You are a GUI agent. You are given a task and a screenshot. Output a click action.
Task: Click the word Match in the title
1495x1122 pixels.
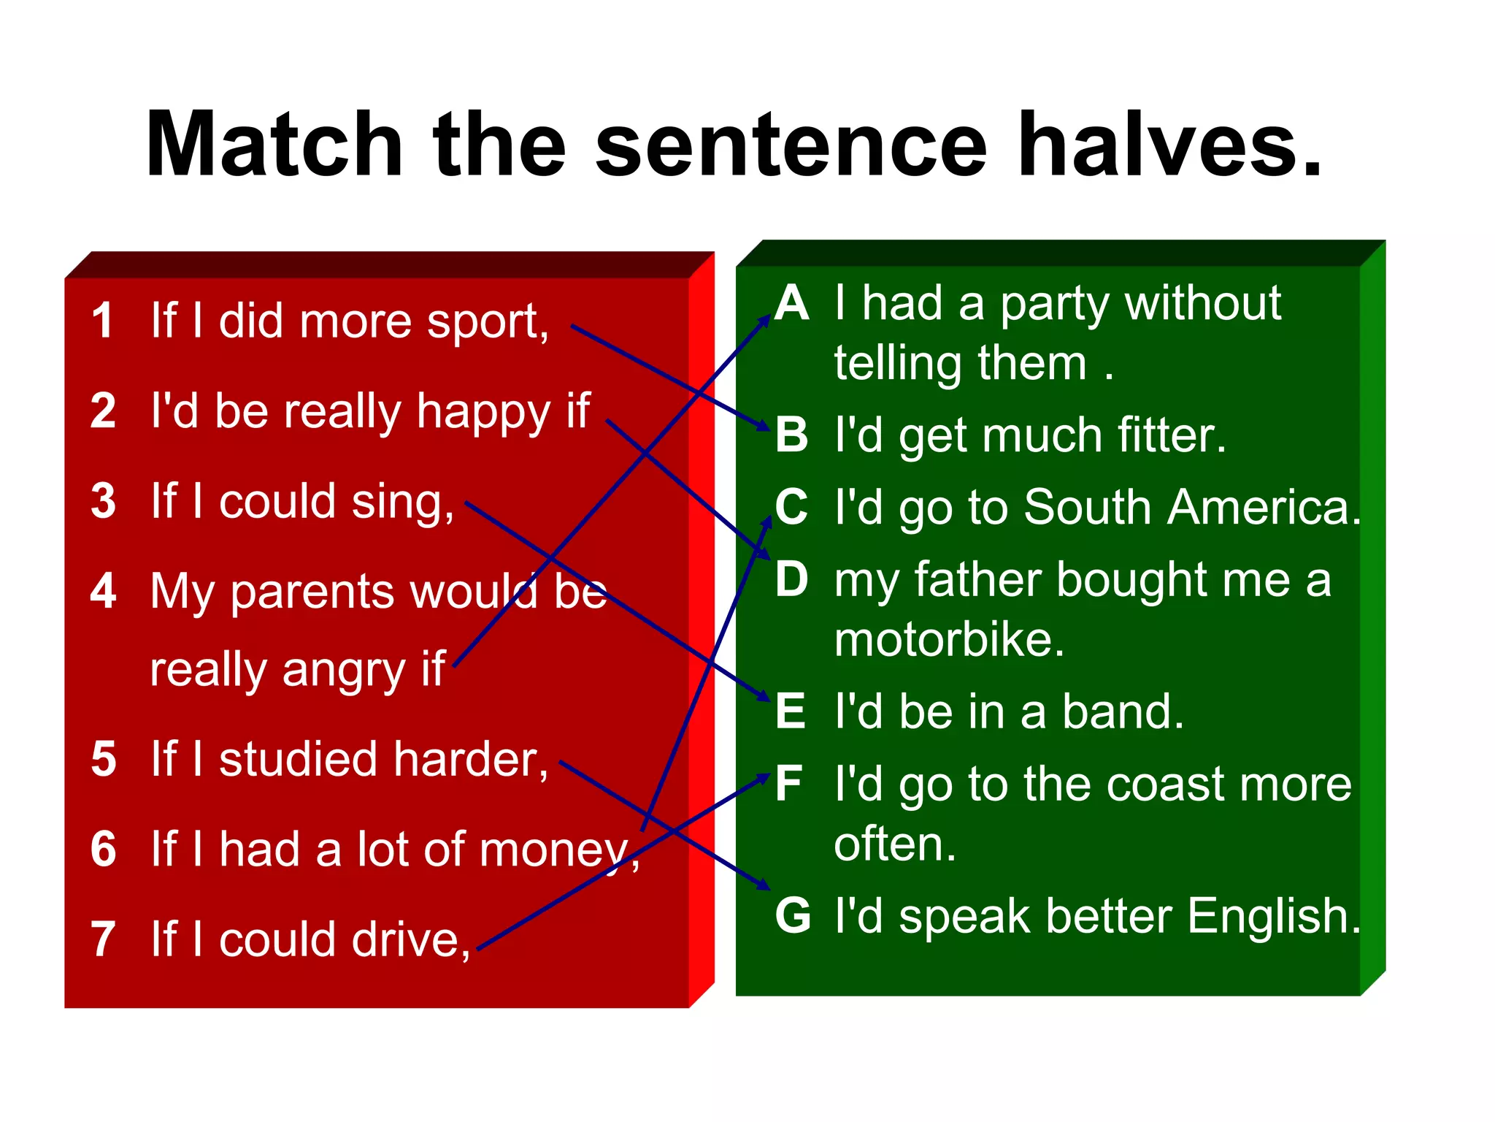click(274, 144)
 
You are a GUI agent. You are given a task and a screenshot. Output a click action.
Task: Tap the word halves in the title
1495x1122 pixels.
click(1168, 144)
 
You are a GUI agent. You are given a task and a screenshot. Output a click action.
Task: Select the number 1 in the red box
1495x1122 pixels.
click(103, 321)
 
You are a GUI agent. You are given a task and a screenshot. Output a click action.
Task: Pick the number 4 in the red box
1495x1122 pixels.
click(103, 591)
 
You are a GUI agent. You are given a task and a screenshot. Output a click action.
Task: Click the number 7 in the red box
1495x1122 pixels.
click(103, 939)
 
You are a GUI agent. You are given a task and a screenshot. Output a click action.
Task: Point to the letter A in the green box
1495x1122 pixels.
click(792, 303)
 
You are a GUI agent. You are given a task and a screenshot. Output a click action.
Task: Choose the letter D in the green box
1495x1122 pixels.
click(792, 580)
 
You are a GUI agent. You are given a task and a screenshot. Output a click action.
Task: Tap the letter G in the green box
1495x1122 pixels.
click(793, 915)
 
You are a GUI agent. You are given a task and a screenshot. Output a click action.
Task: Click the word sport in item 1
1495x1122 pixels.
click(487, 322)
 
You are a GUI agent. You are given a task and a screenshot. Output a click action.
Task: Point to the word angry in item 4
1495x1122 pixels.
click(343, 671)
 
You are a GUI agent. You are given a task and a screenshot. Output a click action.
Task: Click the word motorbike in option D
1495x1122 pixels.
click(949, 641)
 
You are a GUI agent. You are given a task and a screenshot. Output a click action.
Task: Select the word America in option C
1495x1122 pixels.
click(1263, 507)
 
